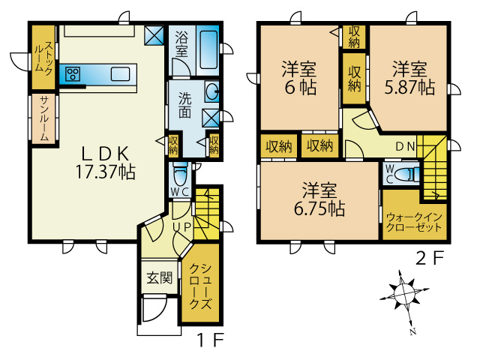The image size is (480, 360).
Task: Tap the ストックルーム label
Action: pos(43,58)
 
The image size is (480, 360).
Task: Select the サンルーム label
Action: pos(43,119)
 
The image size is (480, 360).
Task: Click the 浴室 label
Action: pos(181,43)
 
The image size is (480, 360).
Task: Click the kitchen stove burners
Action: pos(73,73)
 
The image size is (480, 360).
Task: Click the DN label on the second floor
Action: pos(405,145)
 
